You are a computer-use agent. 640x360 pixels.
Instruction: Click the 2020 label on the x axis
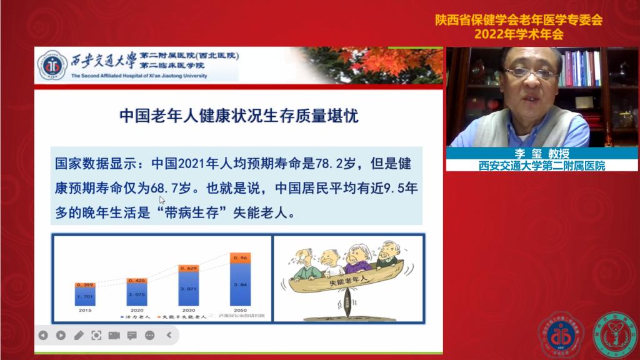137,309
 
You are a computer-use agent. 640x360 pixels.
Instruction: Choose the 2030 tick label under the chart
188,309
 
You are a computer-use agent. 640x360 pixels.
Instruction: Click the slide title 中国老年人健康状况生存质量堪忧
239,116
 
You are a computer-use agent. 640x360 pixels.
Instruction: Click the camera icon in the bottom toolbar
114,335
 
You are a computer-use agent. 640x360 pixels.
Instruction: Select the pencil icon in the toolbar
79,335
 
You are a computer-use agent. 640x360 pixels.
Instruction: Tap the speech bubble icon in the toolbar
131,335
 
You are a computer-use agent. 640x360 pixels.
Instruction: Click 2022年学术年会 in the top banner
519,34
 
